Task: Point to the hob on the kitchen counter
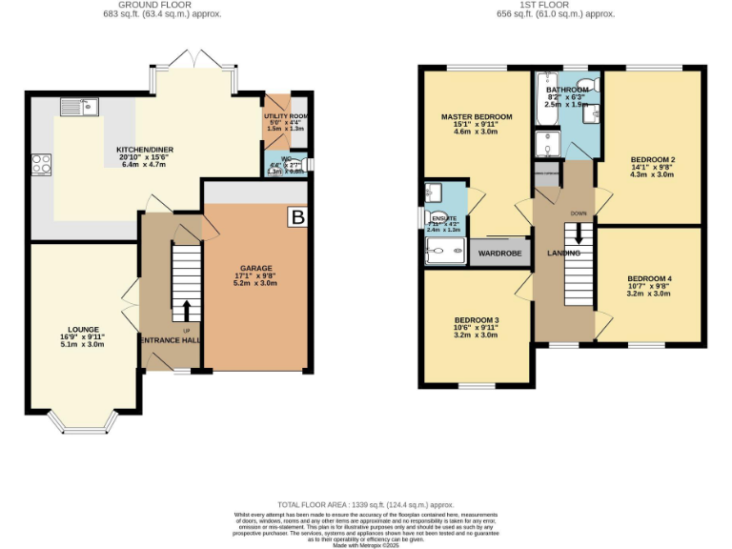point(42,164)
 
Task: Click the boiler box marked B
point(297,218)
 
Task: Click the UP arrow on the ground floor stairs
point(186,311)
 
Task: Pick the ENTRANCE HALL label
point(172,340)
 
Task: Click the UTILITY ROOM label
point(283,115)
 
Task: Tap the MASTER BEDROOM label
point(476,116)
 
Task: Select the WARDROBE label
point(498,254)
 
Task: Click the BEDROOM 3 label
point(476,319)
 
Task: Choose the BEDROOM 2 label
point(652,158)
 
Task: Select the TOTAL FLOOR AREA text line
point(366,504)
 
